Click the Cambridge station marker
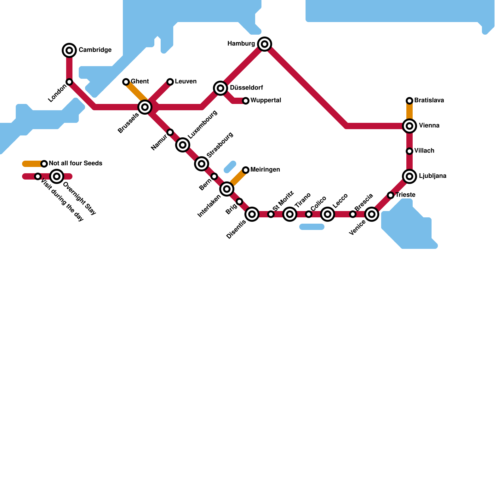(69, 50)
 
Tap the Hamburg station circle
(265, 44)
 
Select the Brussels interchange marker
(145, 107)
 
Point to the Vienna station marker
(409, 126)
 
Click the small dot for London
(69, 82)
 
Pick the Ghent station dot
(126, 82)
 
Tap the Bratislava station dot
(409, 101)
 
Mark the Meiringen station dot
(246, 170)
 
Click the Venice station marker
(372, 214)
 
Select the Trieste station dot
(391, 195)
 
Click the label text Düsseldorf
(246, 88)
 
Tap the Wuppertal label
(266, 100)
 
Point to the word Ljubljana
(432, 176)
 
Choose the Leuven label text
(186, 82)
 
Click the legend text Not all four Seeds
(76, 163)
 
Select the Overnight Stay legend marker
(57, 176)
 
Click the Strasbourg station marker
(202, 164)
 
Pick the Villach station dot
(409, 151)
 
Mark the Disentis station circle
(252, 214)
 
